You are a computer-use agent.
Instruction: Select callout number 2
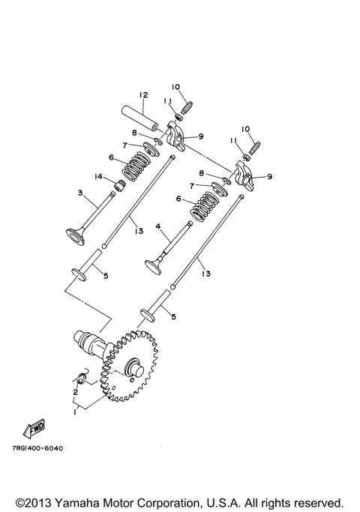point(75,391)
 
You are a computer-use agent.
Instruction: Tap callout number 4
point(158,225)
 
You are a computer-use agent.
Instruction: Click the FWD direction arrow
point(34,430)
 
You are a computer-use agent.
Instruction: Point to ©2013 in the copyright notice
point(33,502)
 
